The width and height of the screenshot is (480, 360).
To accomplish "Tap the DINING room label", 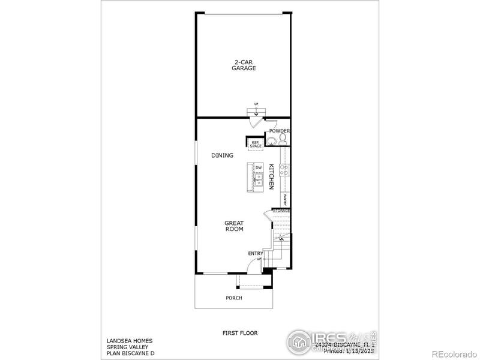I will click(x=222, y=155).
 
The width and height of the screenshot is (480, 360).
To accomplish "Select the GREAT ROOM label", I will click(x=234, y=226).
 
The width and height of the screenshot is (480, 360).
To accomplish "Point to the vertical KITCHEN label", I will click(x=271, y=176).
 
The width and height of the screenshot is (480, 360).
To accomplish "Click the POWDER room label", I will click(x=280, y=131).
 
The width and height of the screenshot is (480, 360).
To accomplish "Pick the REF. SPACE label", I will click(x=256, y=144).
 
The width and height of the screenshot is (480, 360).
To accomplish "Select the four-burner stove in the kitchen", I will click(x=284, y=170).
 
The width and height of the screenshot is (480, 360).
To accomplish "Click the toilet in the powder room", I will click(x=283, y=139).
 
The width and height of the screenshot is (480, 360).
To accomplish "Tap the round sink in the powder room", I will click(x=272, y=142).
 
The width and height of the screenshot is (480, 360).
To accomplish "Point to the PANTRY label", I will click(x=286, y=199).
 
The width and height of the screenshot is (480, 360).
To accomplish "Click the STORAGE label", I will click(x=281, y=211).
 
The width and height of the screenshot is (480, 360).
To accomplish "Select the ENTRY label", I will click(x=256, y=253).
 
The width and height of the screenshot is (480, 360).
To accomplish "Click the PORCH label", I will click(x=234, y=298).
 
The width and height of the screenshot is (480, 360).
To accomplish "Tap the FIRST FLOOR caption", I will click(x=240, y=332).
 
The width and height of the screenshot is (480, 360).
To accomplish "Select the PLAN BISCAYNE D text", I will click(x=130, y=354).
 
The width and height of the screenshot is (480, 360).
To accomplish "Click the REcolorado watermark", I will click(x=453, y=353).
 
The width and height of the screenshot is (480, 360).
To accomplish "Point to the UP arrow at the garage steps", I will click(x=256, y=108).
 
